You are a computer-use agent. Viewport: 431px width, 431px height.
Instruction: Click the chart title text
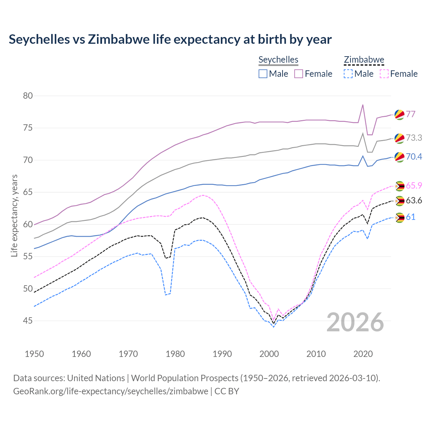tap(170, 39)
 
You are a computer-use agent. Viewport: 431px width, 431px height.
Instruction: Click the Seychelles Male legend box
tap(263, 74)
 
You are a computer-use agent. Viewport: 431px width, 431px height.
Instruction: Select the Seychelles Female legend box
tap(299, 74)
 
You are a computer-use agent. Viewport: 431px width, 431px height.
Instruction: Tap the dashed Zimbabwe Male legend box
tap(348, 74)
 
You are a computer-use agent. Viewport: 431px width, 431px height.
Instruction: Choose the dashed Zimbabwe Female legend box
tap(384, 74)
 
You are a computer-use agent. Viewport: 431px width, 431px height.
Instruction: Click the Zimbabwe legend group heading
tap(364, 60)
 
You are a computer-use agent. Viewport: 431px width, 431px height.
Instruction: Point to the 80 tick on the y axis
tap(28, 96)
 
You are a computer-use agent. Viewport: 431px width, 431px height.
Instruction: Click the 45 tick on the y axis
tap(28, 321)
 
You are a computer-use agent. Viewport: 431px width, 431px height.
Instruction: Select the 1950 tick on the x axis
tap(34, 354)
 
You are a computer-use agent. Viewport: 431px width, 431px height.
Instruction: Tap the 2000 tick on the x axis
tap(269, 354)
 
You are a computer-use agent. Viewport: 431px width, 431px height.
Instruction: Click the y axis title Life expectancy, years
tap(14, 215)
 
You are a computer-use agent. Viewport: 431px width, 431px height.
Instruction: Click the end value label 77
tap(410, 114)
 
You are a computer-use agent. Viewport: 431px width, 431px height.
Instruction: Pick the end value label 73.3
tap(414, 138)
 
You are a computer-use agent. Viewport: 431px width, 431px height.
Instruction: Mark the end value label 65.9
tap(414, 186)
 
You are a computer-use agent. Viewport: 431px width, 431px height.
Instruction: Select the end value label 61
tap(410, 217)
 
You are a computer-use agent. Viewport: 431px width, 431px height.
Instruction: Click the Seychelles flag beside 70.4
tap(399, 157)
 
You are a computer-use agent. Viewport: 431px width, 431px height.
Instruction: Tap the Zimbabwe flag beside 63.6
tap(399, 201)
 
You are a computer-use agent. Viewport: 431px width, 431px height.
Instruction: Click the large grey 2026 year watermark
tap(355, 322)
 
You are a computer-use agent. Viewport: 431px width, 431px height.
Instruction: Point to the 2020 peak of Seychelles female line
tap(363, 105)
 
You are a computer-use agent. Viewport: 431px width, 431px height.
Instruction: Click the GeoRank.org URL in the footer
tap(110, 391)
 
